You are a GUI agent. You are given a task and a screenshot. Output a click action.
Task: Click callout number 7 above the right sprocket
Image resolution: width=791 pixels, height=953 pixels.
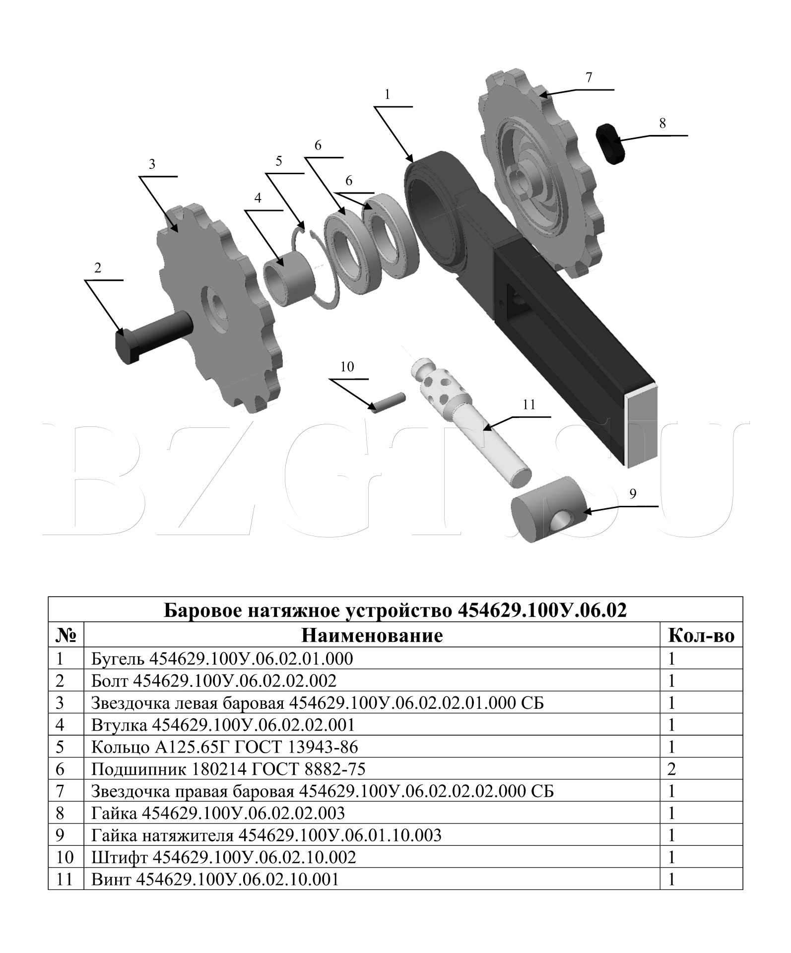point(589,77)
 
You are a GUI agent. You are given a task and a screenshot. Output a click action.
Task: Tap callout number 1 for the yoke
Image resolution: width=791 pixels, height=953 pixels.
point(388,94)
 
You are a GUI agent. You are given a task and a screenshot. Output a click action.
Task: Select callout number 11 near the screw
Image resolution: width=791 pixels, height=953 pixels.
point(529,405)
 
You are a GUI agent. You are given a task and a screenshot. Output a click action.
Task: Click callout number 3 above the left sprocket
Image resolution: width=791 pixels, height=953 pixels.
point(152,164)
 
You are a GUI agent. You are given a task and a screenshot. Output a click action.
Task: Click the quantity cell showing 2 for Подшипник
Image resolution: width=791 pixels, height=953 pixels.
point(672,769)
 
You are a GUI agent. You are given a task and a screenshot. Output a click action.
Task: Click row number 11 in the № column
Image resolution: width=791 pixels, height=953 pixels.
point(65,880)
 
